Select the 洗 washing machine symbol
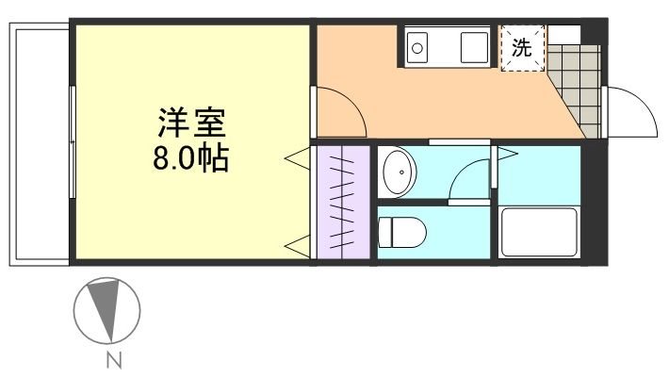pyautogui.click(x=521, y=47)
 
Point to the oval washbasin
pyautogui.click(x=400, y=173)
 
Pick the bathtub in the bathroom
pyautogui.click(x=538, y=232)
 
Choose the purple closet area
pyautogui.click(x=344, y=201)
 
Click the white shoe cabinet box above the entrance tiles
pyautogui.click(x=564, y=33)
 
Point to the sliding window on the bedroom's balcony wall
pyautogui.click(x=73, y=141)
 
